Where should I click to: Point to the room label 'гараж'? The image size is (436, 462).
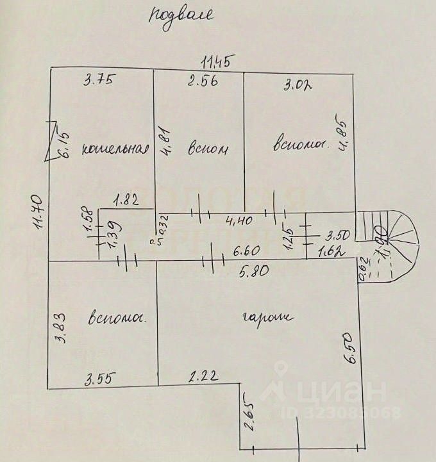point(267,317)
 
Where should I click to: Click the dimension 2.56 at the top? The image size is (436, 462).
point(199,81)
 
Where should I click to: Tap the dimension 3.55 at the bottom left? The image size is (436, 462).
point(99,378)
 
